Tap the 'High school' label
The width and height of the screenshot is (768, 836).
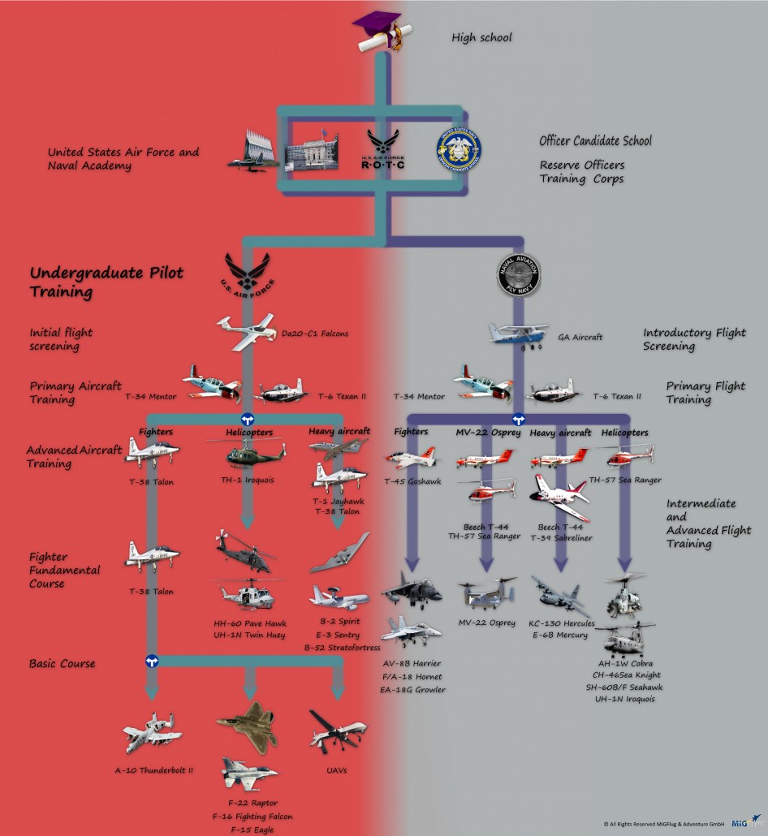482,37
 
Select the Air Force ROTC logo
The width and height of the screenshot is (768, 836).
382,151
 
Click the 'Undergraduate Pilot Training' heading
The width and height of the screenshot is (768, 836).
94,282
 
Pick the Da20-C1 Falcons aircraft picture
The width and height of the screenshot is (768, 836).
247,331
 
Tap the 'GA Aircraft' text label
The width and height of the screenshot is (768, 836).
580,337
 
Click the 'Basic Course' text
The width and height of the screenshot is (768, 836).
62,663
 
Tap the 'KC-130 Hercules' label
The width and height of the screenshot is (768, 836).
562,623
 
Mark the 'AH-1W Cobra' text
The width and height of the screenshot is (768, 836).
627,662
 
